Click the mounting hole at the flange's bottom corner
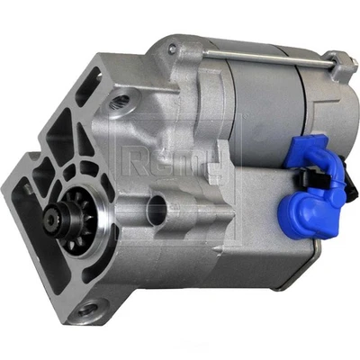(x=87, y=310)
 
